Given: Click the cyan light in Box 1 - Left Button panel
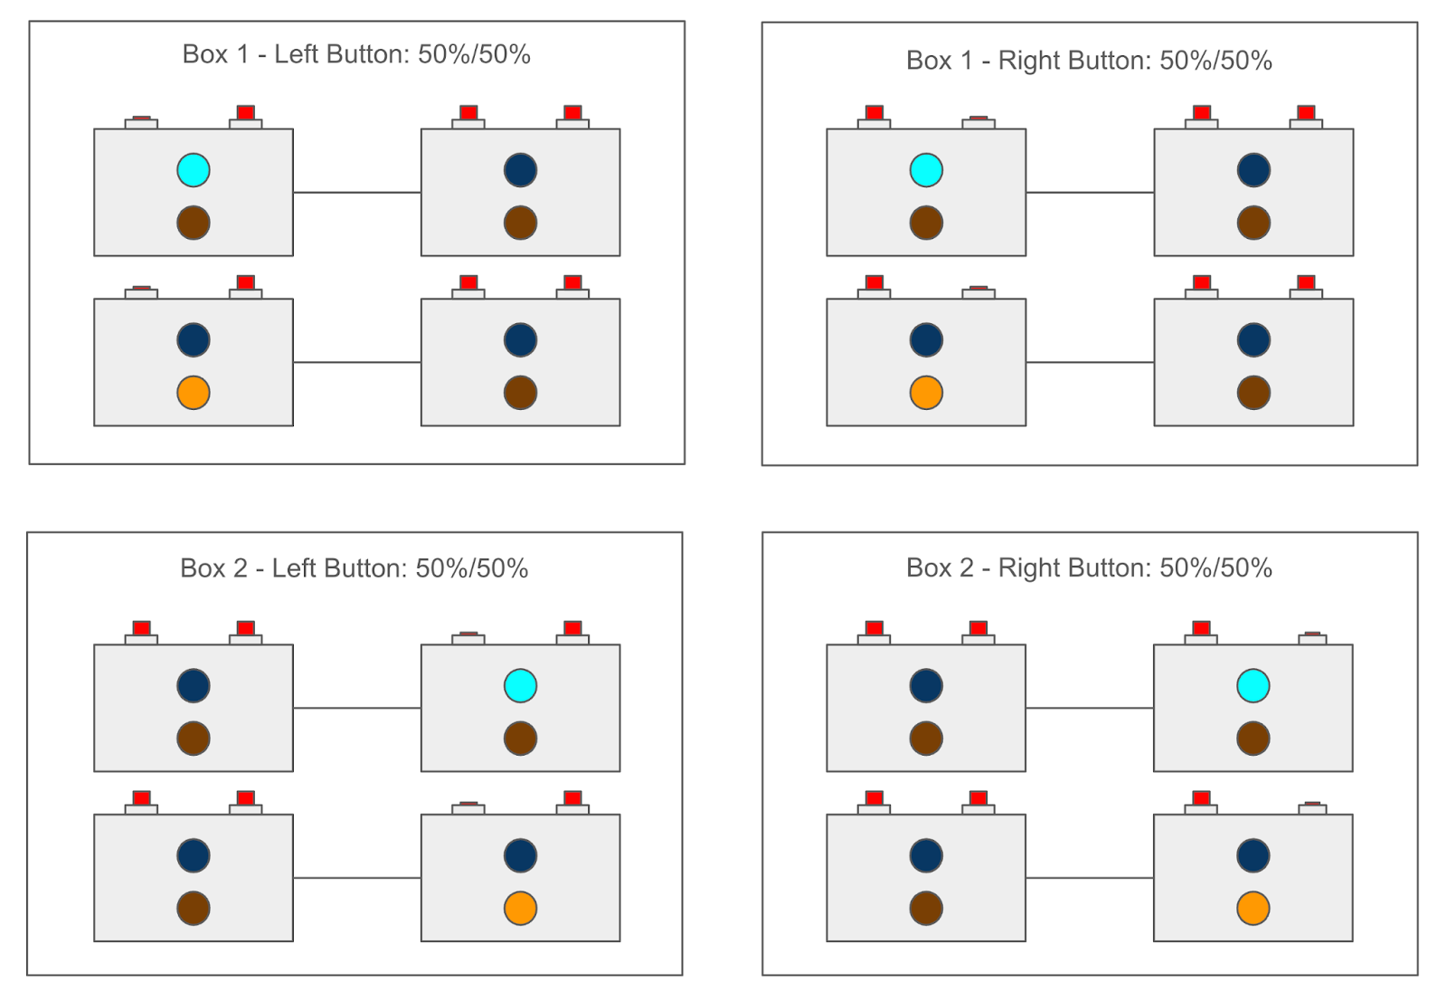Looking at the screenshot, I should tap(194, 170).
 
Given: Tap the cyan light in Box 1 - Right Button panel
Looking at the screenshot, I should tap(926, 170).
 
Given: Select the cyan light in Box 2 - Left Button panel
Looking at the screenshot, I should tap(520, 686).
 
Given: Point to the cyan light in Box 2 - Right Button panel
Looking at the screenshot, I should tap(1253, 686).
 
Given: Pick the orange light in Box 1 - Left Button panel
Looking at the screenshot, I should tap(194, 393).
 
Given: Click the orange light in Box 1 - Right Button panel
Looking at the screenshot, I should tap(926, 393).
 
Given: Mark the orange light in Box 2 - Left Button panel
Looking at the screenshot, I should tap(520, 909).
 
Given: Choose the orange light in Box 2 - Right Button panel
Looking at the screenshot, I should tap(1253, 909).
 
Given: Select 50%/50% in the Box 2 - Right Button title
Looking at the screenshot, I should tap(1215, 568).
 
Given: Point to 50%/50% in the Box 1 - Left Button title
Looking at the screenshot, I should tap(474, 54).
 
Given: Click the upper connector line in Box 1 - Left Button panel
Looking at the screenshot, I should tap(357, 192).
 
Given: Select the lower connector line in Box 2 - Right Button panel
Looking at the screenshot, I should tap(1090, 878).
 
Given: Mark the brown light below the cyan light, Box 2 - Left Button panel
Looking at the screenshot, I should tap(520, 739).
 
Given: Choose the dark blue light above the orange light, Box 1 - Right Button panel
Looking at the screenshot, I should tap(926, 340).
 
